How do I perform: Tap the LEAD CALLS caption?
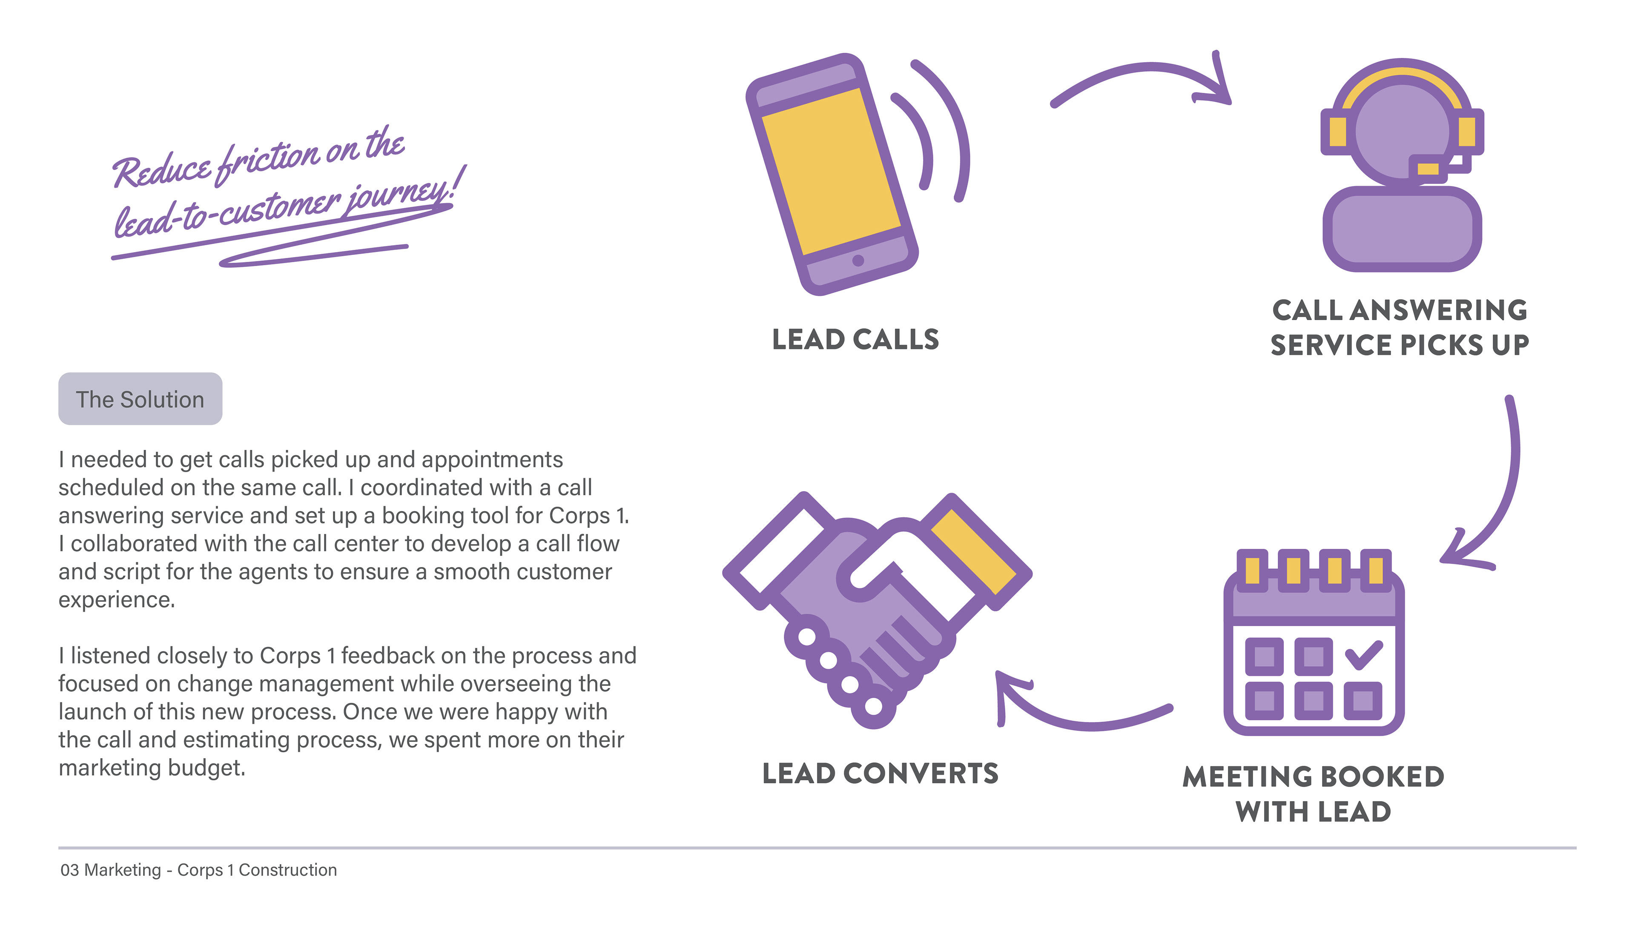click(x=855, y=339)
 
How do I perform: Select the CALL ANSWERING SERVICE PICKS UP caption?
click(x=1399, y=327)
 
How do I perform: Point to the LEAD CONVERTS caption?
click(x=880, y=773)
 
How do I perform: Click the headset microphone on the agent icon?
click(x=1427, y=169)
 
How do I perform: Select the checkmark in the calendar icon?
click(x=1363, y=655)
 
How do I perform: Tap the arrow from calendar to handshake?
click(x=1084, y=722)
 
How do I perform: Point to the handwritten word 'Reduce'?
click(x=162, y=170)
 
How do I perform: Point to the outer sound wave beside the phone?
click(x=956, y=128)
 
